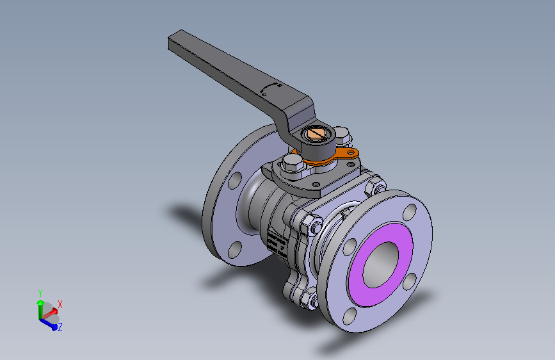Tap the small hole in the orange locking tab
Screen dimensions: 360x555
coord(349,152)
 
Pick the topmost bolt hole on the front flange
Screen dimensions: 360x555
coord(409,209)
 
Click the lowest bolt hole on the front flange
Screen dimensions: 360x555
coord(350,315)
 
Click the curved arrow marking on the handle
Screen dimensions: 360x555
coord(271,86)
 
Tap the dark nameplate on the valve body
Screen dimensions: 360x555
coord(276,242)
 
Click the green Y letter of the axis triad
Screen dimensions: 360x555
coord(40,292)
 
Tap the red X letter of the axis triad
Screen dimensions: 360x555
coord(60,304)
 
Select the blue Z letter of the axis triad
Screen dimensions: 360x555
coord(60,327)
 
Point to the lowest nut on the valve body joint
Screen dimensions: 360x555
coord(308,297)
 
